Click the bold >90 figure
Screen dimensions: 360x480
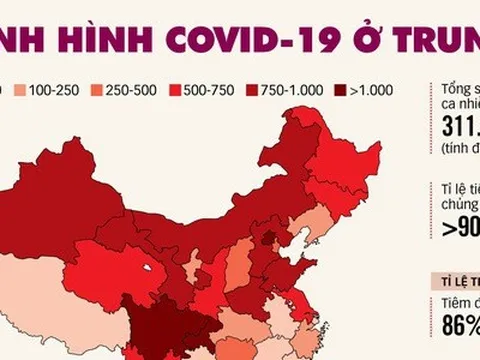pyautogui.click(x=459, y=226)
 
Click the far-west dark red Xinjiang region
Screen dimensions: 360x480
pyautogui.click(x=70, y=190)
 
